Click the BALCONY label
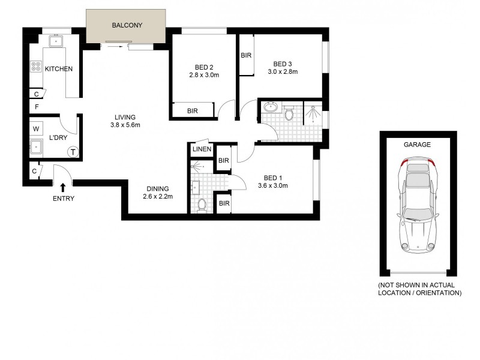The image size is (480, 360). pos(126,26)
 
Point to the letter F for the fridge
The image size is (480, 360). pos(37,107)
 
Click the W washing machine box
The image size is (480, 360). pos(36,128)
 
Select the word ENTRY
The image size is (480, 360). pos(63,199)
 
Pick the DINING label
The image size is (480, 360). pos(155,188)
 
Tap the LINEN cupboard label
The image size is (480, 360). pos(202,149)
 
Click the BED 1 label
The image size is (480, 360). pos(273,178)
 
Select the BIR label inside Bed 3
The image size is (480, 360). pos(245,56)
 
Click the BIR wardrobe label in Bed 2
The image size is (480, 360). pos(193,111)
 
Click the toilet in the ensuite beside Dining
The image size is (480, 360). pos(202,205)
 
